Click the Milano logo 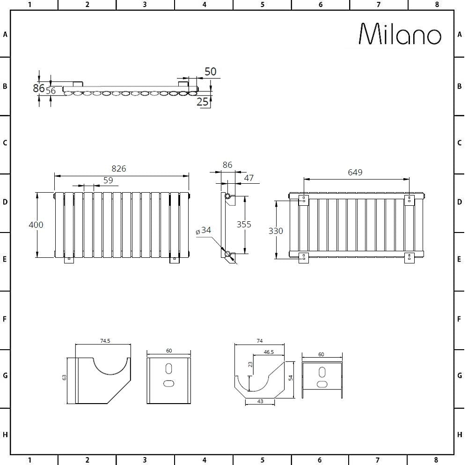pyautogui.click(x=400, y=34)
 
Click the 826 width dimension pyautogui.click(x=119, y=169)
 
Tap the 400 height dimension pyautogui.click(x=36, y=225)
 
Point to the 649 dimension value pyautogui.click(x=355, y=172)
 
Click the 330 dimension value pyautogui.click(x=275, y=231)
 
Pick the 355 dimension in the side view pyautogui.click(x=243, y=224)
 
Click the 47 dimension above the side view pyautogui.click(x=249, y=178)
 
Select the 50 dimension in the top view pyautogui.click(x=211, y=71)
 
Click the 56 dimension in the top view pyautogui.click(x=51, y=91)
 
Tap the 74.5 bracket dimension pyautogui.click(x=105, y=341)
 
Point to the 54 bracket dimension pyautogui.click(x=290, y=378)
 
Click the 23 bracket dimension pyautogui.click(x=250, y=364)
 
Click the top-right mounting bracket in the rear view pyautogui.click(x=409, y=200)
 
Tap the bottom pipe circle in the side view pyautogui.click(x=228, y=255)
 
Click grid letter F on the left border pyautogui.click(x=5, y=319)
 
